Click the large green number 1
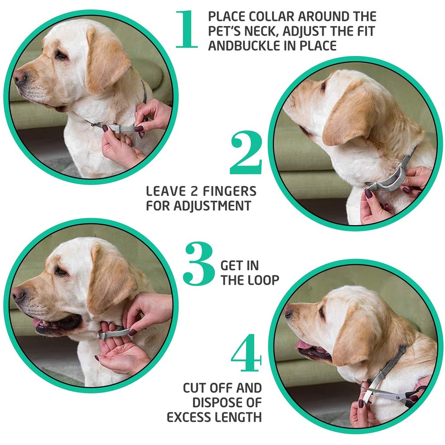click(x=186, y=30)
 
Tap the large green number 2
click(x=246, y=153)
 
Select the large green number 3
click(x=198, y=263)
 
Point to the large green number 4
click(x=246, y=352)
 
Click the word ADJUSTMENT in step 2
click(x=212, y=206)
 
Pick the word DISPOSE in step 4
click(x=219, y=402)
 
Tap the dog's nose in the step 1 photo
click(x=20, y=77)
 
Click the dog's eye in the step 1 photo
click(x=60, y=55)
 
